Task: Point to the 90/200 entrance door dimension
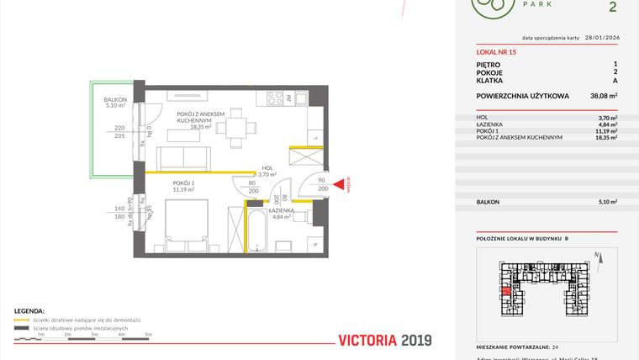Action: point(321,185)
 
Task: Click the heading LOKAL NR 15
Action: point(496,52)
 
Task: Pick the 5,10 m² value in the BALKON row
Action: point(607,202)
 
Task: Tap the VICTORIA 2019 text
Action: point(384,341)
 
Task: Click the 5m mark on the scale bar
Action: point(148,335)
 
